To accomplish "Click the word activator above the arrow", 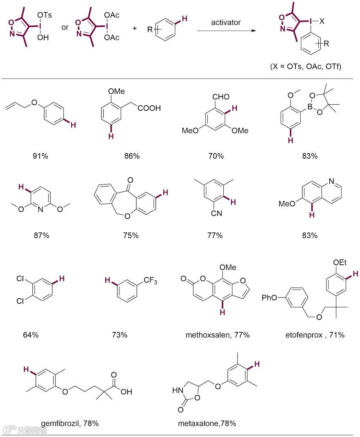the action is (x=226, y=22).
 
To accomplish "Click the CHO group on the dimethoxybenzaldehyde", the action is (x=221, y=97).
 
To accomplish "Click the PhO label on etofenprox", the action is (x=270, y=297).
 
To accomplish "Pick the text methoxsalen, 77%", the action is (x=217, y=335).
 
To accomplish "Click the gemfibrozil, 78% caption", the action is (x=70, y=423).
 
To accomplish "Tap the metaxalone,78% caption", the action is (x=207, y=423).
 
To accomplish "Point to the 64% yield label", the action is (x=31, y=335).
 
